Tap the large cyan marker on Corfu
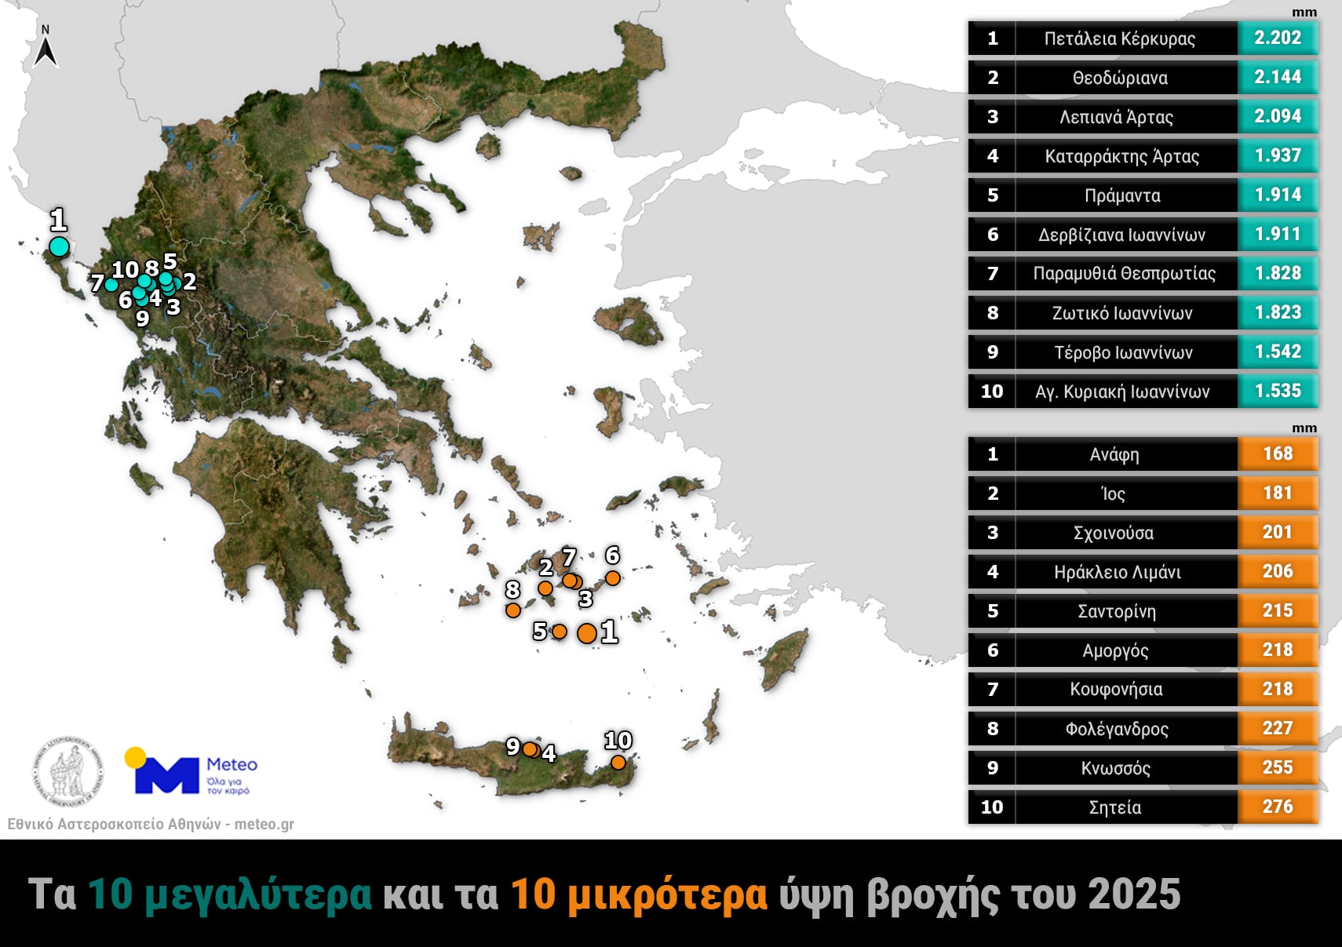point(59,246)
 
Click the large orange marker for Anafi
point(586,633)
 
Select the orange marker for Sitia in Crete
point(618,762)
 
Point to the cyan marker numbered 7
point(111,285)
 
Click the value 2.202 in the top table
point(1277,38)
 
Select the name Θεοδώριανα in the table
point(1120,78)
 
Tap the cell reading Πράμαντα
point(1121,195)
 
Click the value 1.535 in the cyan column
point(1277,391)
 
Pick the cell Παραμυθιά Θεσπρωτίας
point(1124,274)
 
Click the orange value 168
point(1277,453)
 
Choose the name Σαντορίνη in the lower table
point(1116,611)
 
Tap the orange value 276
point(1277,807)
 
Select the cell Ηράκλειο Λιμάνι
point(1117,572)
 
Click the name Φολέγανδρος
point(1116,729)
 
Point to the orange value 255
point(1277,767)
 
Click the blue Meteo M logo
point(166,775)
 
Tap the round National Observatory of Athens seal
point(67,771)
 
